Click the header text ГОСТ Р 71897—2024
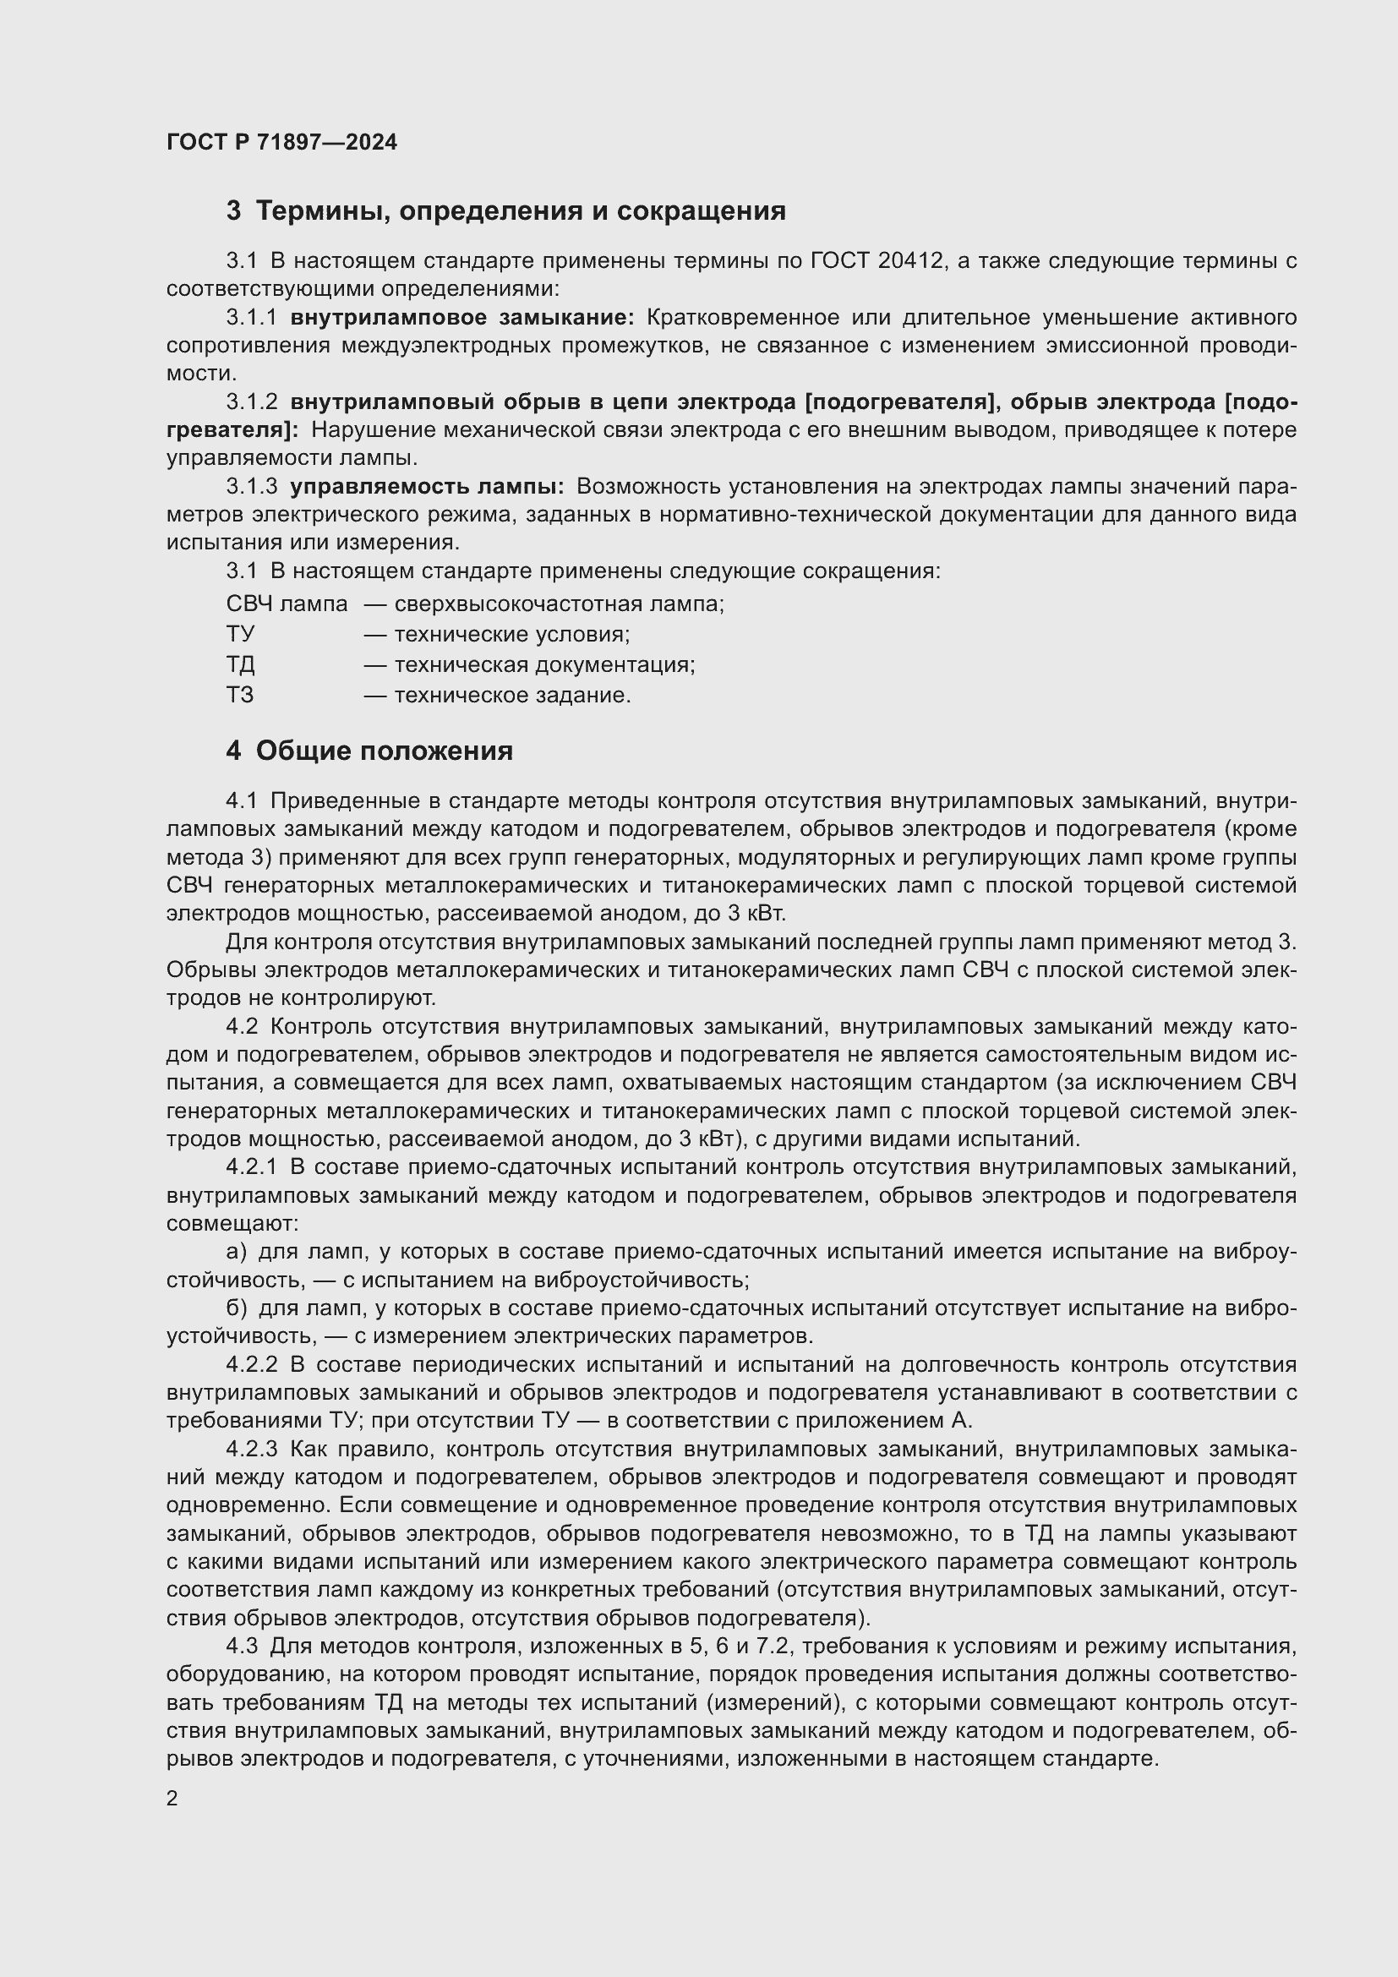(x=281, y=143)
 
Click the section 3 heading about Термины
(x=505, y=211)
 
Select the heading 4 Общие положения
(x=369, y=751)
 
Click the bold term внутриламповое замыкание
(x=461, y=318)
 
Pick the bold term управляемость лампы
(x=426, y=487)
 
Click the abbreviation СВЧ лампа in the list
(x=287, y=604)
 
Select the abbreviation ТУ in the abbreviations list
(x=240, y=635)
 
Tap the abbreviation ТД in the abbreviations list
(x=240, y=664)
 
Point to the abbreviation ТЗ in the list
(x=240, y=695)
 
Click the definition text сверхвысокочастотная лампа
(x=559, y=604)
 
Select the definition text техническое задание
(x=512, y=695)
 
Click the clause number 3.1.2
(x=251, y=402)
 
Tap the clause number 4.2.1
(x=251, y=1166)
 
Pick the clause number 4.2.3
(x=251, y=1450)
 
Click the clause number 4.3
(x=242, y=1647)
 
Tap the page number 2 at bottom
(x=172, y=1799)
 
